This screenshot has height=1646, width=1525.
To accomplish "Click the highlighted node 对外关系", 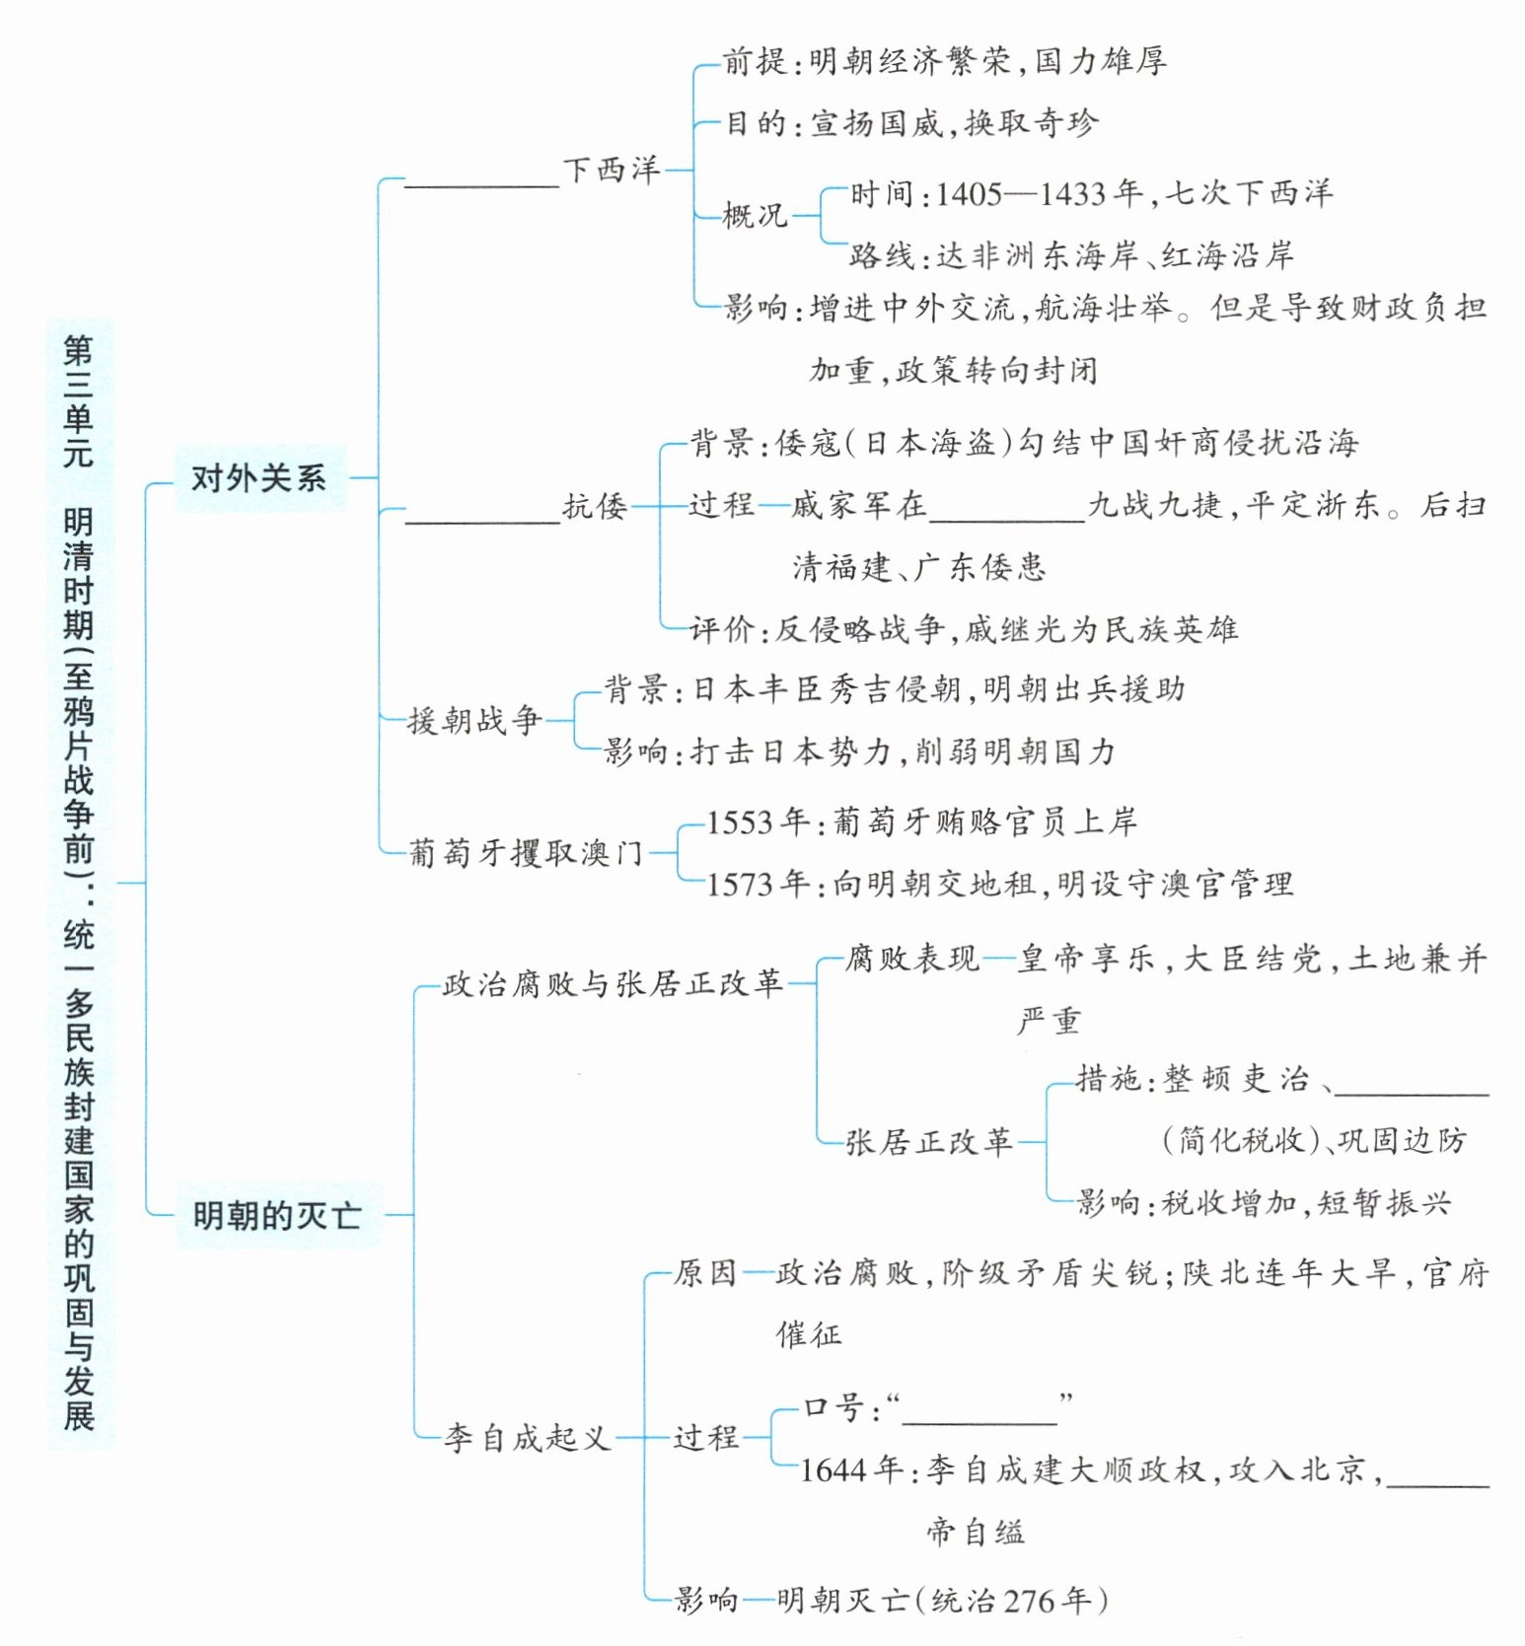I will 258,478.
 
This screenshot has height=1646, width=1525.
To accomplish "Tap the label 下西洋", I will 612,170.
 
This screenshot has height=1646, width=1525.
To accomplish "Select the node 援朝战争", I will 475,720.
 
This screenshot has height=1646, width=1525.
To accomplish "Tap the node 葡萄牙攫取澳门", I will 526,852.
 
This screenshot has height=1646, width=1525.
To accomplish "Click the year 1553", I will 743,822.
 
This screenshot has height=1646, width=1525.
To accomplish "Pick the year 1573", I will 743,884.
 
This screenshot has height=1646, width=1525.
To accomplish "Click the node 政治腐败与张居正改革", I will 613,983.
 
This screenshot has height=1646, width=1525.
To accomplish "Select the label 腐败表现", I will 911,958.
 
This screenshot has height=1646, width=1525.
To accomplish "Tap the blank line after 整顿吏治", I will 1411,1091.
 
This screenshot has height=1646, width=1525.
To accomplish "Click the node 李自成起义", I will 527,1438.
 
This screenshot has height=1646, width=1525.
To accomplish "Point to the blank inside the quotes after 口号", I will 980,1419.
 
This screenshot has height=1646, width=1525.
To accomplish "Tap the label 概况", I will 755,215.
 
